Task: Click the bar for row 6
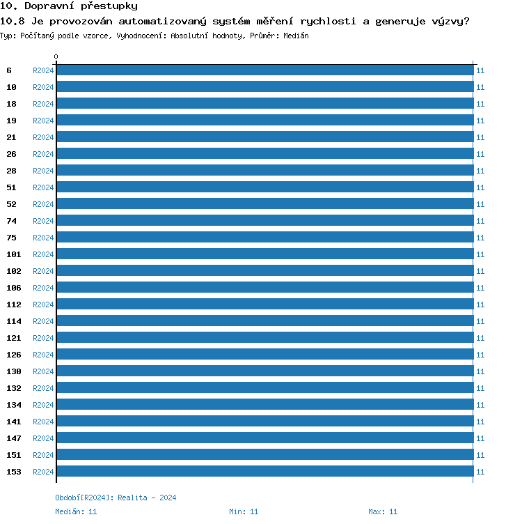pos(264,70)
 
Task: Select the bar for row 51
pos(264,187)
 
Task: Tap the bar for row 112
pos(264,305)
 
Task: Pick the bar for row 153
pos(264,472)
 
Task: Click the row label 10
pos(12,87)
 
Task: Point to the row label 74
pos(12,221)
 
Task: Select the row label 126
pos(14,355)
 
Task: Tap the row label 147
pos(14,438)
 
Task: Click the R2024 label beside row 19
pos(43,121)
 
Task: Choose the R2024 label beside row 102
pos(43,271)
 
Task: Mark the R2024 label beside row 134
pos(43,405)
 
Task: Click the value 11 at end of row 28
pos(480,171)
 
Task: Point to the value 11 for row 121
pos(480,338)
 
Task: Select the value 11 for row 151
pos(480,455)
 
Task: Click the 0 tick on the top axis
pos(56,57)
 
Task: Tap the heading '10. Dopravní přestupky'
pos(69,6)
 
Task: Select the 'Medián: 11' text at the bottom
pos(76,511)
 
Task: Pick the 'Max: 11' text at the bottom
pos(383,511)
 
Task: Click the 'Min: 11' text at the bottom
pos(244,511)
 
